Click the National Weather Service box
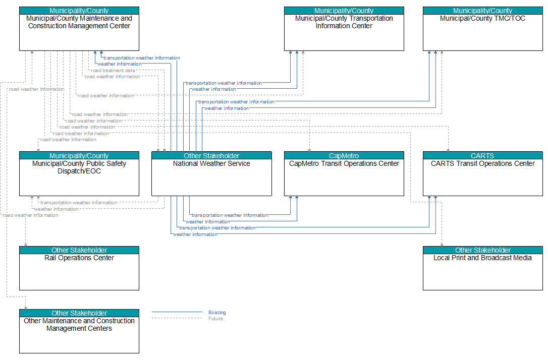click(x=211, y=173)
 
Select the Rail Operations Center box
click(x=79, y=268)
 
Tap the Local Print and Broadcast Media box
click(x=482, y=268)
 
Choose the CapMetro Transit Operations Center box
click(x=344, y=173)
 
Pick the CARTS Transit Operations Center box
click(x=482, y=173)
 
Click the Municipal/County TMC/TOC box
click(x=482, y=29)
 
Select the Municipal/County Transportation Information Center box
click(x=344, y=29)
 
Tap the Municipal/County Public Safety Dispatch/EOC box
click(x=79, y=173)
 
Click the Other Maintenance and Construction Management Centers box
click(x=79, y=331)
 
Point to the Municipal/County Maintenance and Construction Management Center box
click(x=79, y=29)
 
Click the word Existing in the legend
click(x=217, y=312)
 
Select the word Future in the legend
click(x=215, y=319)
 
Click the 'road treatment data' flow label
click(x=113, y=71)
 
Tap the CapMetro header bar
click(x=344, y=155)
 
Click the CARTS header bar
click(x=482, y=155)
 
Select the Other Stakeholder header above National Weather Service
click(x=211, y=155)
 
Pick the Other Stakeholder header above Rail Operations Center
click(x=79, y=250)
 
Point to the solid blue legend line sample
click(x=177, y=312)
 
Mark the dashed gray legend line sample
click(x=177, y=318)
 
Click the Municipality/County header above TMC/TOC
click(x=482, y=11)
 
